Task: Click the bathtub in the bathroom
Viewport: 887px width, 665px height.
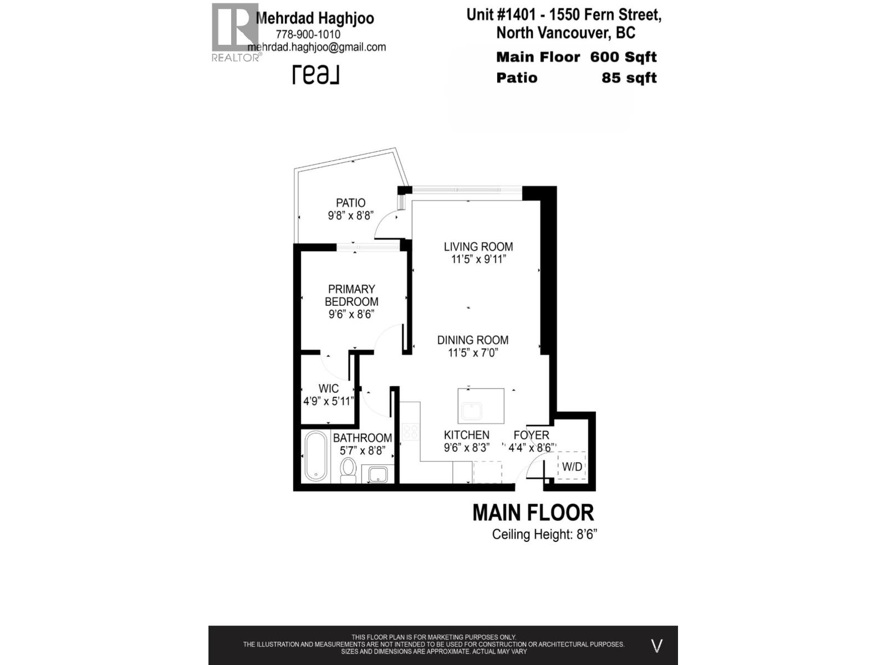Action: click(316, 457)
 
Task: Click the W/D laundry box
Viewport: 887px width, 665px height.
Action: click(572, 467)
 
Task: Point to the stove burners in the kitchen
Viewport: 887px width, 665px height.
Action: click(410, 432)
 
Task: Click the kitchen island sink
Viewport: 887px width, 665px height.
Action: click(472, 412)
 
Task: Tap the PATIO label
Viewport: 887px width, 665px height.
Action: click(350, 203)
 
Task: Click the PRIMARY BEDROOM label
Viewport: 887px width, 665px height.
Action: click(351, 295)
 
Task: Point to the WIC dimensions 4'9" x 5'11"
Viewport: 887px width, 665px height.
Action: click(328, 401)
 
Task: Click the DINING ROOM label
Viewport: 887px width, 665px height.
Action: click(473, 340)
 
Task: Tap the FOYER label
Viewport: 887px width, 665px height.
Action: click(531, 436)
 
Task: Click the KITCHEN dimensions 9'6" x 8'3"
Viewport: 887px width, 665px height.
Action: click(467, 448)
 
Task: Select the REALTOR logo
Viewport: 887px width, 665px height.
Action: click(235, 32)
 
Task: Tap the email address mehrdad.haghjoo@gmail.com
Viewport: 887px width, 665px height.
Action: click(317, 47)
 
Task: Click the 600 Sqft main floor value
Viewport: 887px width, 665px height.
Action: click(623, 57)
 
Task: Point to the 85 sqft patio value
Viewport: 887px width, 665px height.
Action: click(629, 78)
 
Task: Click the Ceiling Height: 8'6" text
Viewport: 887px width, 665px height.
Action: click(544, 535)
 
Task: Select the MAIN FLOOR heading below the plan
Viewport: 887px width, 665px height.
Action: click(533, 513)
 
